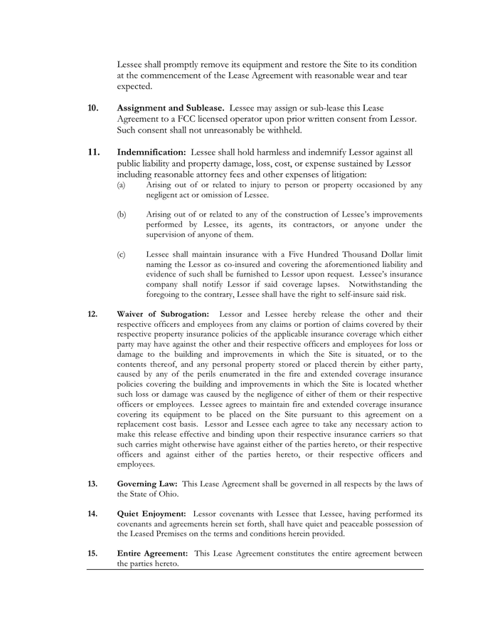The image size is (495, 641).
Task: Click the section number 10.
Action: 93,108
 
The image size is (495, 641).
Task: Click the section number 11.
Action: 93,152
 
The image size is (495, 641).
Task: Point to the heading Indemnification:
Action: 151,152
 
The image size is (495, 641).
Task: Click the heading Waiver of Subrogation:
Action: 163,314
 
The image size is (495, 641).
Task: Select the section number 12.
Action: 92,314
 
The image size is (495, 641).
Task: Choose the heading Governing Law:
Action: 147,484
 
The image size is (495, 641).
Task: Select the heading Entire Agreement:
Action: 152,553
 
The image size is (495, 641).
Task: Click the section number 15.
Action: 92,553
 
